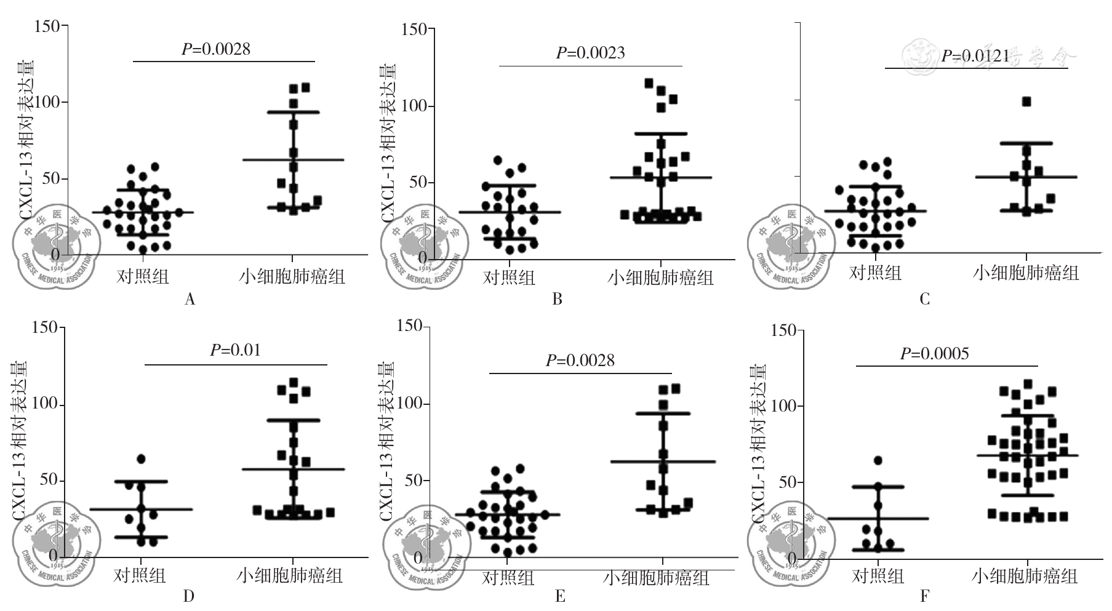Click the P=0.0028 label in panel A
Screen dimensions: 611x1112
(x=216, y=49)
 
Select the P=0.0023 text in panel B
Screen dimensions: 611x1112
(x=590, y=54)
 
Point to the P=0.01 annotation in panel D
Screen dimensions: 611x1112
(x=235, y=351)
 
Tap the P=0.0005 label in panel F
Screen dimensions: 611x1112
(x=934, y=354)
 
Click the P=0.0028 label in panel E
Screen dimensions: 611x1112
(x=580, y=361)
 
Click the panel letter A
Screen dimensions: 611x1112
(x=190, y=300)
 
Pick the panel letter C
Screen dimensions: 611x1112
(x=924, y=300)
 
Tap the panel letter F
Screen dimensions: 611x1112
(x=924, y=596)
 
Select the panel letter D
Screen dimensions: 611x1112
(x=189, y=596)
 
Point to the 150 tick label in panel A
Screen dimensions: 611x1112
(x=47, y=26)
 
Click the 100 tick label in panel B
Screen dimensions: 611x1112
(x=414, y=106)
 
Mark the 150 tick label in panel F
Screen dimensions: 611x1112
(x=783, y=330)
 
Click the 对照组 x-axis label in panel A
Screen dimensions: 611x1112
(x=143, y=276)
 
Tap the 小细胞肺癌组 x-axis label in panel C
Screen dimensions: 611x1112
(x=1025, y=273)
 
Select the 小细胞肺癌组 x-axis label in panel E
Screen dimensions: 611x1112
(x=656, y=578)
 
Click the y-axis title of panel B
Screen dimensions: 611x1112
(x=388, y=143)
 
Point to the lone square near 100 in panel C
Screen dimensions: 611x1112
(x=1026, y=102)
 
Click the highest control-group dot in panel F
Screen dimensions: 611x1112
(x=878, y=460)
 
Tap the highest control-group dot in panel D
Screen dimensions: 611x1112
(x=141, y=459)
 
